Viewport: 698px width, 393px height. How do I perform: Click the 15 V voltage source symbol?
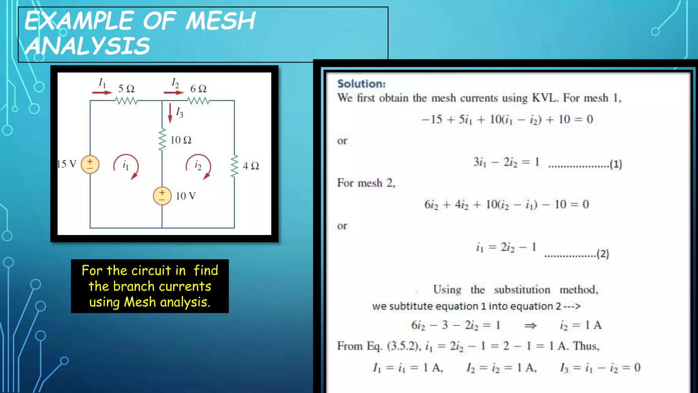point(90,164)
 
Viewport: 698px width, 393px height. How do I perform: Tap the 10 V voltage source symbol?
point(162,196)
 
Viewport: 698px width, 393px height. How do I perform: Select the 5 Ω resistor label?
point(126,89)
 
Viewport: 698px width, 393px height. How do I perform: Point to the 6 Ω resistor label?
point(198,89)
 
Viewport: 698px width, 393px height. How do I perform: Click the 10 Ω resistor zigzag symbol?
point(162,140)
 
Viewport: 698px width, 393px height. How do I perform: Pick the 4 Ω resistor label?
point(251,166)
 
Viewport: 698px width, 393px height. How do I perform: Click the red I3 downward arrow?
point(170,113)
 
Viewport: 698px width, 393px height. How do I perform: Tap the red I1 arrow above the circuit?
point(102,92)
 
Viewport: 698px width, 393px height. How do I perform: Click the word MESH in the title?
point(221,21)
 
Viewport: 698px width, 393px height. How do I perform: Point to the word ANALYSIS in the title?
point(88,46)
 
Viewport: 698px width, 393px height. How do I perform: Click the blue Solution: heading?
point(361,84)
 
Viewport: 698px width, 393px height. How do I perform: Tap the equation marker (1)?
point(616,164)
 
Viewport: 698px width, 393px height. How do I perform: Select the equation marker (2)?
point(603,254)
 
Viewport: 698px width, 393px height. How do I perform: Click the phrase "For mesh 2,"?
point(366,183)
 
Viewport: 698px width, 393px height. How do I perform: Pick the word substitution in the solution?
point(522,290)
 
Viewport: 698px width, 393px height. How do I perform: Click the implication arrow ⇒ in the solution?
point(530,326)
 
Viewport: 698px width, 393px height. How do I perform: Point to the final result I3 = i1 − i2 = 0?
point(600,368)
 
